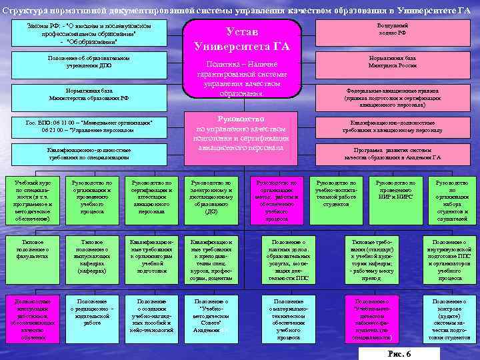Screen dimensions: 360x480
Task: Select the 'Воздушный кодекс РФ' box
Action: coord(393,29)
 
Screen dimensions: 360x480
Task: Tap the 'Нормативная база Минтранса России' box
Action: coord(393,63)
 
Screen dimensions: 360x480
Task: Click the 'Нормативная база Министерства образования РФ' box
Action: coord(89,94)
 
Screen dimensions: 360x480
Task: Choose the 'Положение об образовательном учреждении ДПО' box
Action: coord(89,62)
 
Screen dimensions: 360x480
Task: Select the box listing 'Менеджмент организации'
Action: coord(89,127)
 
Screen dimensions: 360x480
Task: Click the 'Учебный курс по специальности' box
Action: coord(31,200)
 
